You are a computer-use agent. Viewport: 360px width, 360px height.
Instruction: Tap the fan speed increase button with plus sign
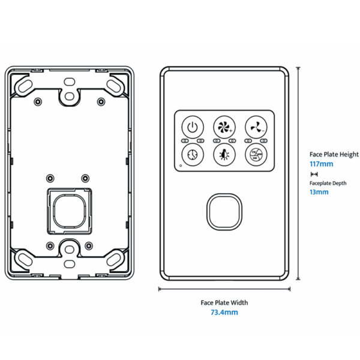point(223,127)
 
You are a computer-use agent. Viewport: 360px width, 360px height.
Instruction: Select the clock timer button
point(191,154)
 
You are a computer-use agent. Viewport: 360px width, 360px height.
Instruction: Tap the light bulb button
point(223,154)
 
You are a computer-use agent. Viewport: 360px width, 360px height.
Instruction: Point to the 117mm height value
point(321,163)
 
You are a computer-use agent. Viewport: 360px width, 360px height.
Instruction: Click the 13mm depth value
point(319,192)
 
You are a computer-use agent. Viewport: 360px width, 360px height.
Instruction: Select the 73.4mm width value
point(224,313)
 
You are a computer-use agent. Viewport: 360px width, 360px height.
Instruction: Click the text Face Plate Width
point(224,302)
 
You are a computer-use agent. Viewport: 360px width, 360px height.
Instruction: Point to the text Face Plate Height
point(333,154)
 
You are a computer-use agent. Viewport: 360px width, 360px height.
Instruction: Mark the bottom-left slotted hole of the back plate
point(25,259)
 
